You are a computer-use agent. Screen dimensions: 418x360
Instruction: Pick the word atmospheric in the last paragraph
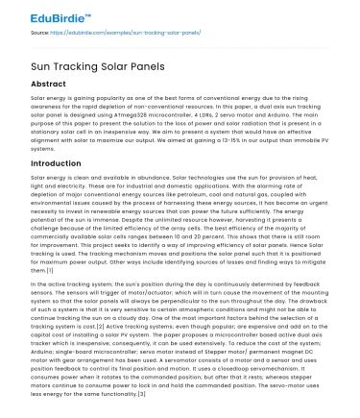[178, 279]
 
